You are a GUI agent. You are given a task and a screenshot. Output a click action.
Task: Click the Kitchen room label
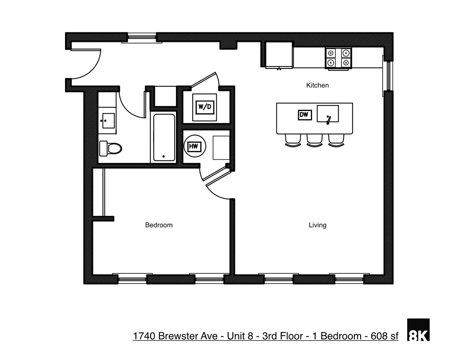tap(317, 85)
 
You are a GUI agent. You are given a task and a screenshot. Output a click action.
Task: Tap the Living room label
tap(317, 225)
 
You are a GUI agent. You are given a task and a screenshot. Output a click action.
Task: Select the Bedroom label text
tap(159, 225)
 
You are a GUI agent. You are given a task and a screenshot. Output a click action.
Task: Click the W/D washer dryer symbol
tap(205, 107)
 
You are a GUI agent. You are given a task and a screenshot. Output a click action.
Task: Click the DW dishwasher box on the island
tap(304, 115)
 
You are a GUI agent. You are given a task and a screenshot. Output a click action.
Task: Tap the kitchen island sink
tap(328, 114)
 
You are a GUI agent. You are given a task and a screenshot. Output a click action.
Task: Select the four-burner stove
tap(339, 58)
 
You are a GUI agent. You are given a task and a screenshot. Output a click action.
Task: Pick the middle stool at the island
tap(314, 140)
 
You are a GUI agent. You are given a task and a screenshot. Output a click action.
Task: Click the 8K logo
tap(418, 330)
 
